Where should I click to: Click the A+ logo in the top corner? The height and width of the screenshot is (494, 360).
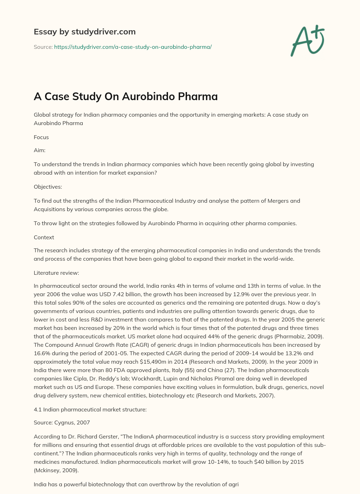point(308,41)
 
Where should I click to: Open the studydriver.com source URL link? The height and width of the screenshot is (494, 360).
point(133,47)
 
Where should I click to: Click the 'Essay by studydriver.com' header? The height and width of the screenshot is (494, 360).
point(84,32)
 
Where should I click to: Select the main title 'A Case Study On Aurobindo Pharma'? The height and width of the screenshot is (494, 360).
point(126,96)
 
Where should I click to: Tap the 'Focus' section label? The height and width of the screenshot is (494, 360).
point(41,137)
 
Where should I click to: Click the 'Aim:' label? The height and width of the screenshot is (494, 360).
point(39,150)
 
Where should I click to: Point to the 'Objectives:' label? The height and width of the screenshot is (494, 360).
point(48,187)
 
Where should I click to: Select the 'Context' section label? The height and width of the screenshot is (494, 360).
point(44,237)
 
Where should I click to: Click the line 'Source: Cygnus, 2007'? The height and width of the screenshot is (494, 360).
point(62,422)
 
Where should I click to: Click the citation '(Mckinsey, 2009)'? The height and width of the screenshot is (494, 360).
point(56,470)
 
